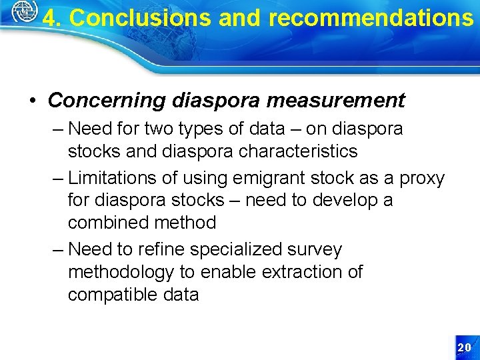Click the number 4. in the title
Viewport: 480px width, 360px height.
point(53,18)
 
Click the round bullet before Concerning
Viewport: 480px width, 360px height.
point(33,101)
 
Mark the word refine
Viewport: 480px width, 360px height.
point(161,249)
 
